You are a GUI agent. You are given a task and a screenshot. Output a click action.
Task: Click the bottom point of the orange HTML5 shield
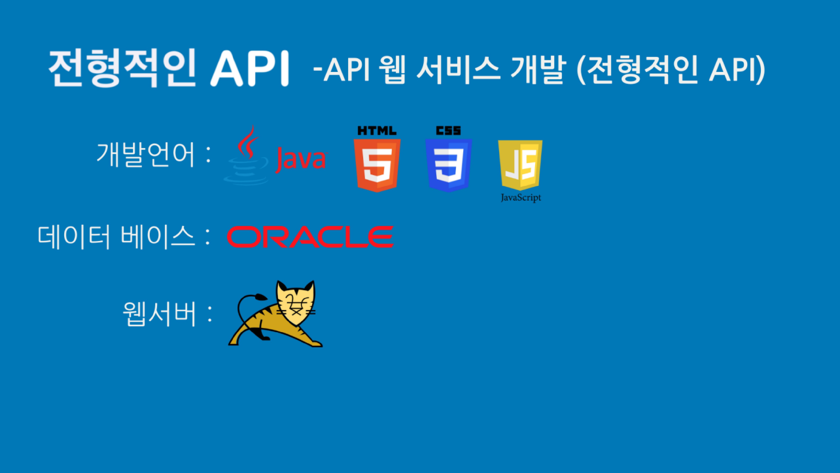click(x=377, y=192)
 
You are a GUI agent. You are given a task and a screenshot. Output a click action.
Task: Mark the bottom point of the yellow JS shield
click(x=520, y=191)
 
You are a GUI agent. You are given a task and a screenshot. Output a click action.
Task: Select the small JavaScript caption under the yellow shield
click(x=521, y=197)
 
